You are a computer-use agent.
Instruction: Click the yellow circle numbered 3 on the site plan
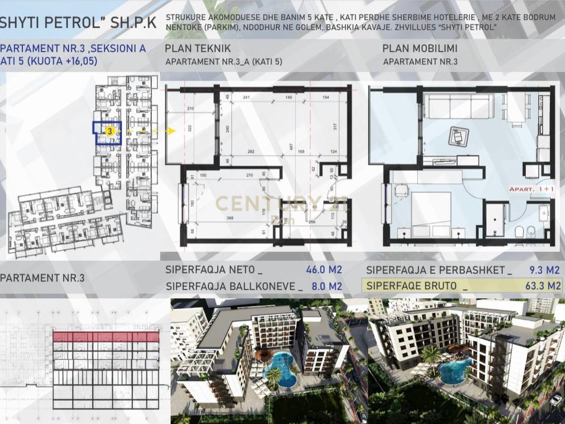[110, 131]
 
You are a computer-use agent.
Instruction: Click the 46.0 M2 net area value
[324, 270]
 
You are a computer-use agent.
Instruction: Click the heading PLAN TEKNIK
[198, 49]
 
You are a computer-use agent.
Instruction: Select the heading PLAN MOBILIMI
[420, 49]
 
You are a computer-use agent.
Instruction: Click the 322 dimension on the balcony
[189, 128]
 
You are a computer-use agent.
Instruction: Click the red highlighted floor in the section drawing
[106, 336]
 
